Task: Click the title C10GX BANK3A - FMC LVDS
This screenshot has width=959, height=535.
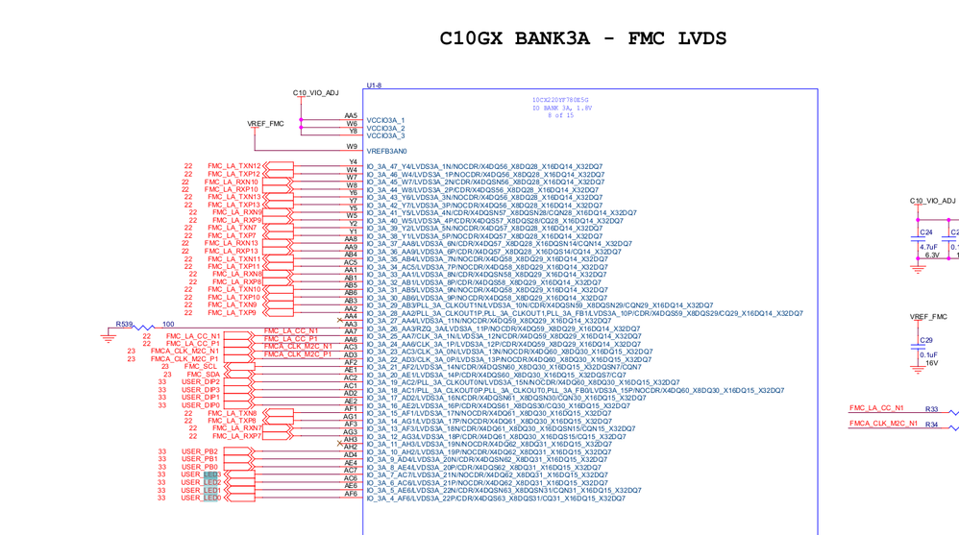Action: coord(582,38)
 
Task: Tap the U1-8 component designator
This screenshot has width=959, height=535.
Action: coord(374,85)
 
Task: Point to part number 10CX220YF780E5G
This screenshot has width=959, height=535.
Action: coord(560,100)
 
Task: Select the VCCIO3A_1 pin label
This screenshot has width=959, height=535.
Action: coord(385,120)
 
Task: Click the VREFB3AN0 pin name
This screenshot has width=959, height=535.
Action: coord(386,151)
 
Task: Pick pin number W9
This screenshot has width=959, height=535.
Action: coord(352,147)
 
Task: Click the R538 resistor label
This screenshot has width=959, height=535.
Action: coord(125,325)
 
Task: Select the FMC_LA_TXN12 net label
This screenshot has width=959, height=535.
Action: coord(234,166)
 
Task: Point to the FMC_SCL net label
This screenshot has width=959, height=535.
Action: coord(201,367)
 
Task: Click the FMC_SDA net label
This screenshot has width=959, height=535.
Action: coord(203,375)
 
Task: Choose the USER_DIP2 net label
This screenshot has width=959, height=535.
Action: coord(200,382)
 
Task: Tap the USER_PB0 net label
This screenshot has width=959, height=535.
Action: coord(199,467)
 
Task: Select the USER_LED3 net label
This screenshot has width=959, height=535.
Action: coord(200,474)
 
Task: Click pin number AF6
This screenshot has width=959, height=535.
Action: coord(351,494)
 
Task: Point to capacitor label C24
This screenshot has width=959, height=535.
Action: coord(926,232)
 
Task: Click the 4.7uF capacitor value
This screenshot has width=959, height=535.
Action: coord(928,247)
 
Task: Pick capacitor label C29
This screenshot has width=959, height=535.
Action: coord(926,340)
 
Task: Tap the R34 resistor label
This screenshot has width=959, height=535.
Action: coord(931,425)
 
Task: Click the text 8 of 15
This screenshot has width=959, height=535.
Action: coord(560,115)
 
